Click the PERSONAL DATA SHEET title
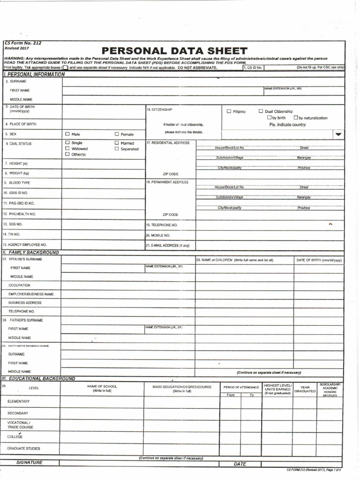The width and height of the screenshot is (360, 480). [x=174, y=51]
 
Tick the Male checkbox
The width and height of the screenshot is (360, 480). [x=67, y=134]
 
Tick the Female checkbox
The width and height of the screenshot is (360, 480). [x=117, y=134]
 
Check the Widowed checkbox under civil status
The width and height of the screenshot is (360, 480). [x=67, y=148]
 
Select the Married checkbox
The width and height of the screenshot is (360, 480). [x=117, y=142]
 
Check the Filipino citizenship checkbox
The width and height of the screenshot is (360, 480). [x=229, y=112]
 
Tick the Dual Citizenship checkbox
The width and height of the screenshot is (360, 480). [x=261, y=112]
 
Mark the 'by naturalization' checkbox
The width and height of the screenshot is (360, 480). [x=296, y=118]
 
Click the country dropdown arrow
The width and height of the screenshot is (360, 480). [x=338, y=134]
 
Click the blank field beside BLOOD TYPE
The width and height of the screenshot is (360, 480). [x=103, y=182]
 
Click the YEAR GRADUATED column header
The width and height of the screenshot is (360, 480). [x=305, y=389]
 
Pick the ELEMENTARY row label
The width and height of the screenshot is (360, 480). [x=18, y=401]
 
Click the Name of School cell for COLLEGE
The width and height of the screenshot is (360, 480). [x=101, y=436]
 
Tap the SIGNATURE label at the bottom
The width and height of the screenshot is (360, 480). [x=29, y=463]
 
